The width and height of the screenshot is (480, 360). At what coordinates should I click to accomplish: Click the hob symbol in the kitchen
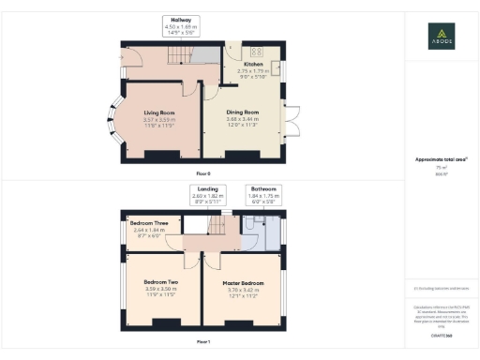[256, 51]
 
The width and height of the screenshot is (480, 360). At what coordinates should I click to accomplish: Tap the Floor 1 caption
[203, 342]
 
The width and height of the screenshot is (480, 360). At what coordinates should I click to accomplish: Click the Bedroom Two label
[161, 282]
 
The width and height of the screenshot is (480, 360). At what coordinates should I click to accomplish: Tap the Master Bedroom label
[242, 282]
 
